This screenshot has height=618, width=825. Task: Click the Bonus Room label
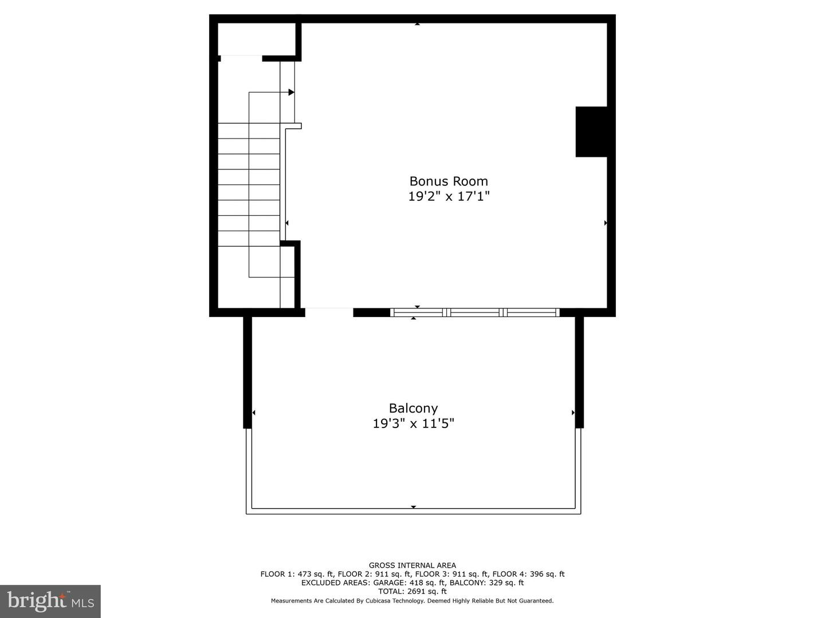449,181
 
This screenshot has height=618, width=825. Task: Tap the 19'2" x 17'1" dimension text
449,197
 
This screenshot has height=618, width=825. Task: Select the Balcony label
413,409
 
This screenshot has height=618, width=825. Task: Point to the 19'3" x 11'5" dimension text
413,424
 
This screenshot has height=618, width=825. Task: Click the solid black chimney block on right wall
591,132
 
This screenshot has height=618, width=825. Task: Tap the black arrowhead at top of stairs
291,92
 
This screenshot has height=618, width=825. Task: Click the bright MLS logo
50,601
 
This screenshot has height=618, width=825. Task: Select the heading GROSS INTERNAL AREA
412,565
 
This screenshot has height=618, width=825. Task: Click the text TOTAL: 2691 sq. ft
412,592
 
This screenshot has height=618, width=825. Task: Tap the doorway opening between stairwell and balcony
329,312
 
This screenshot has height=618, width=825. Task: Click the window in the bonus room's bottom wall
474,312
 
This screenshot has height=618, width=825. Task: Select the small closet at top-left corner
256,39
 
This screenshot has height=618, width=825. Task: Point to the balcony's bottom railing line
413,511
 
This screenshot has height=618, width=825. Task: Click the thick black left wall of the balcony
247,372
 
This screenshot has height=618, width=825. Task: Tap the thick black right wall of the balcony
579,372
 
